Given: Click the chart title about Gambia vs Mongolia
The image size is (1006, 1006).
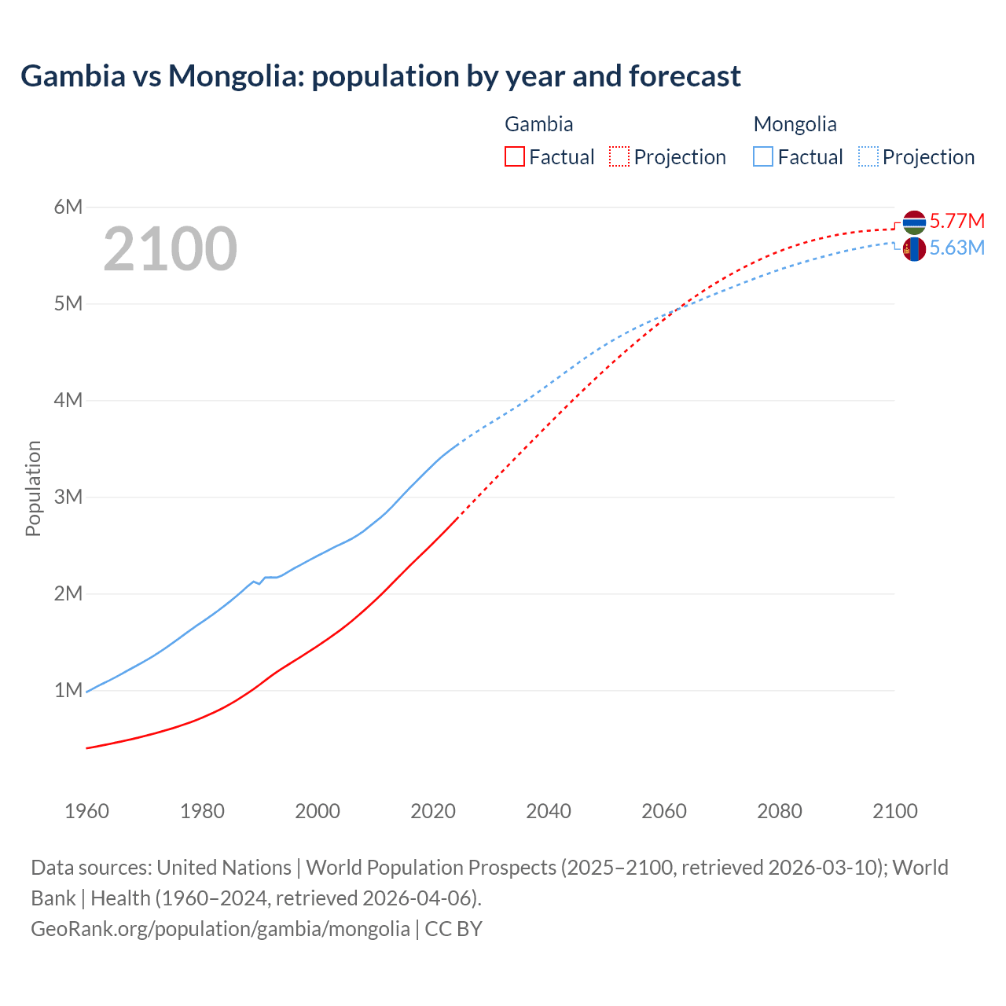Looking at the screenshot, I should coord(380,76).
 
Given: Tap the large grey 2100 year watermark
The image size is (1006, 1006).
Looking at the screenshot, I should coord(170,249).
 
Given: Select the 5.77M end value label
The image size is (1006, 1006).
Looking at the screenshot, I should coord(956,221).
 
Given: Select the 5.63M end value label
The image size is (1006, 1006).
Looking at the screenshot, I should coord(956,248).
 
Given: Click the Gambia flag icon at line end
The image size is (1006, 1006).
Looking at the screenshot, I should coord(914,222).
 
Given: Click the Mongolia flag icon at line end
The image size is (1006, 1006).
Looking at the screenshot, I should coord(914,250).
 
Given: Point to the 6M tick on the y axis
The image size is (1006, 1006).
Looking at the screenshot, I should coord(68,207).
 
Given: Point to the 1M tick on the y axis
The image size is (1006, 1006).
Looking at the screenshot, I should coord(68,690).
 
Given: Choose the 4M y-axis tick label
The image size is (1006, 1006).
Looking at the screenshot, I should coord(68,400).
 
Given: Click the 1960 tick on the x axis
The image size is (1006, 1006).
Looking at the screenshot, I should coord(86,811).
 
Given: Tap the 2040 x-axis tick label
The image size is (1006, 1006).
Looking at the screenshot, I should coord(549,811).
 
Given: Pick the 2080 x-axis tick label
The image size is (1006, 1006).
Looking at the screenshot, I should coord(780,811).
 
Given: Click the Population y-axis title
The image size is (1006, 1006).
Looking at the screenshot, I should coord(33,488).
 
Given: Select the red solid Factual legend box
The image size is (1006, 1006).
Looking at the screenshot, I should coord(514,157).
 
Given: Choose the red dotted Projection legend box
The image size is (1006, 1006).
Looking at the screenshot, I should coord(619,157).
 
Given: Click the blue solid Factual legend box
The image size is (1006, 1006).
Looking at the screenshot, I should coord(763,157).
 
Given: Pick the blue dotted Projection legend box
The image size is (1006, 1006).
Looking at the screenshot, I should coord(868,157).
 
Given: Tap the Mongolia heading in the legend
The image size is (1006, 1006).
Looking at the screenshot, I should coord(795,124).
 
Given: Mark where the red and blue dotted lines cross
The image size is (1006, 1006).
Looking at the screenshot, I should coord(677,309).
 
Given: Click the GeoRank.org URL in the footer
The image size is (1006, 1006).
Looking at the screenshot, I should coord(220,929).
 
